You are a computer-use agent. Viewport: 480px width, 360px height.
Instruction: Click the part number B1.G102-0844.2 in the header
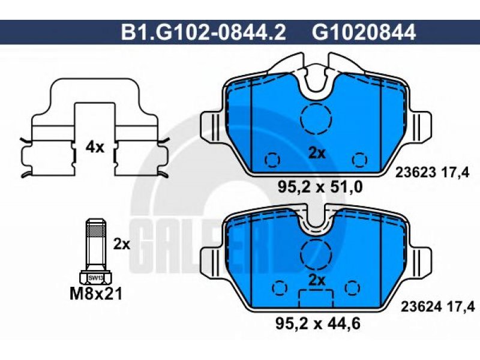point(203,32)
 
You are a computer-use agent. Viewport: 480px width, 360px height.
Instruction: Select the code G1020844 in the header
point(364,32)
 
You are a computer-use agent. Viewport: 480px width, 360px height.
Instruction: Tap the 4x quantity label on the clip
point(95,148)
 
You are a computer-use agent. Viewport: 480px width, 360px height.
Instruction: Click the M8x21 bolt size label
point(96,294)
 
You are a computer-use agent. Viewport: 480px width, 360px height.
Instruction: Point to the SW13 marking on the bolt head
point(96,278)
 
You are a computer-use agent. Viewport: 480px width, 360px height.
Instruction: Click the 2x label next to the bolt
point(122,244)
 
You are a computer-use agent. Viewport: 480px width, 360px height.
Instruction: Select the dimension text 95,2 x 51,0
point(320,187)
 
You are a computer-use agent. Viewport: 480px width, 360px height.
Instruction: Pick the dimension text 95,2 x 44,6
point(318,323)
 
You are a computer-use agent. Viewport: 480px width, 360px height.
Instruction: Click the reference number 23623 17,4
point(432,173)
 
